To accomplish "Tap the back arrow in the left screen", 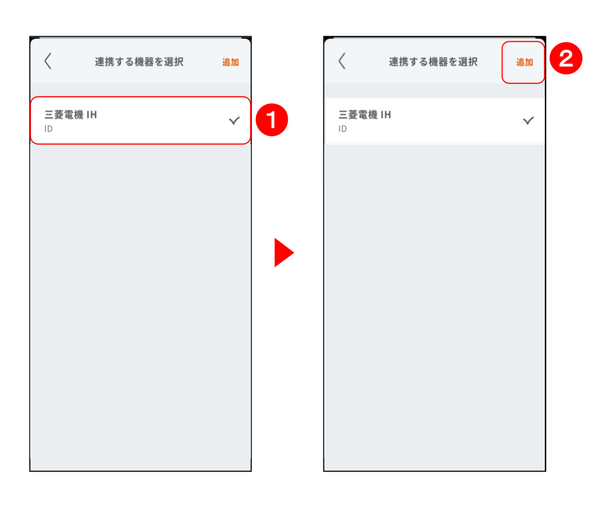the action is coord(48,61).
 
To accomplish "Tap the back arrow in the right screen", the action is coord(342,61).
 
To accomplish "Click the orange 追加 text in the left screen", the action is coord(230,62).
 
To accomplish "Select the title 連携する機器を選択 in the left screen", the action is coord(139,62).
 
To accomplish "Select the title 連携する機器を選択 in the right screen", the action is coord(433,62).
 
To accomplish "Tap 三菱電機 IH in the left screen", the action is coord(71,115).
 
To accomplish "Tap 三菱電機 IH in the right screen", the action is coord(365,115).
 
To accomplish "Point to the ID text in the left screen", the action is coord(49,129).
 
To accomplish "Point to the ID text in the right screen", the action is coord(342,129).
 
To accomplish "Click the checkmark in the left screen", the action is coord(234,121).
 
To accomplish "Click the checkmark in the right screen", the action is coord(528,121).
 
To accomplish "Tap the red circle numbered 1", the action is coord(272,120).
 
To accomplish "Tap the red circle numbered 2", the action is coord(566,59).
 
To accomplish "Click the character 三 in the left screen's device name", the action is coord(49,115).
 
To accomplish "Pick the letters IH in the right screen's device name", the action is coord(386,115).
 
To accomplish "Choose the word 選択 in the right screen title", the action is coord(468,62).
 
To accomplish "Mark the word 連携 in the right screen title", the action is coord(399,62).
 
